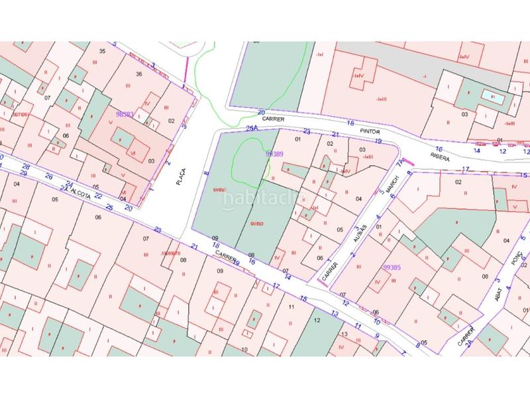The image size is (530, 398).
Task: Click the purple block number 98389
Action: [274, 154]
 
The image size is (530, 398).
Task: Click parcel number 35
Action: [101, 51]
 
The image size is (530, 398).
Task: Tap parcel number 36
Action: [138, 74]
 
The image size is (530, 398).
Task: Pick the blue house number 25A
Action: [251, 129]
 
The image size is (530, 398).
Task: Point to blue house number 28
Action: [26, 166]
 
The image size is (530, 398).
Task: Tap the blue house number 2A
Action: [469, 343]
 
